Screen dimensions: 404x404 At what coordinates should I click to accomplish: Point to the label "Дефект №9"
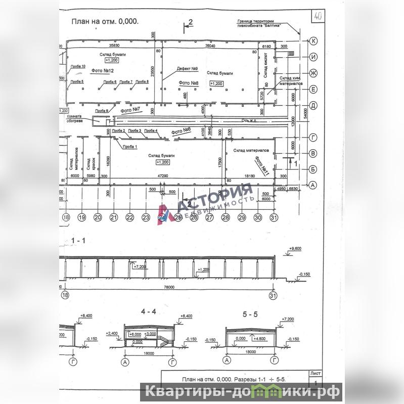[x=187, y=69]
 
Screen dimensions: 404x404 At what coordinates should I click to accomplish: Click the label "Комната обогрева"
[x=75, y=119]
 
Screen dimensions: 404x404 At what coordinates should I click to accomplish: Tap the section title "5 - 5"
[x=251, y=314]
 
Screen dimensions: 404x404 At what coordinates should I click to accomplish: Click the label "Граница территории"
[x=252, y=21]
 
